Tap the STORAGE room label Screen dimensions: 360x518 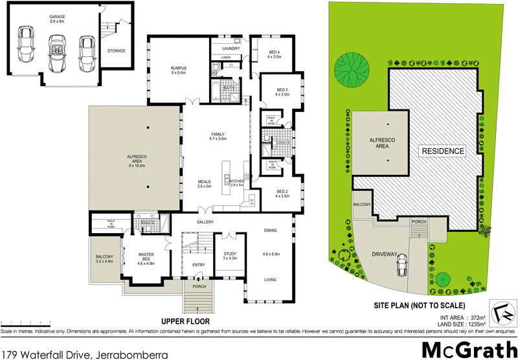[117, 51]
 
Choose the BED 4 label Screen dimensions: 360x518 [275, 54]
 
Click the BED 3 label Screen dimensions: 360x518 [281, 91]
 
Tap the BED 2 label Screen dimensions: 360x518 [282, 192]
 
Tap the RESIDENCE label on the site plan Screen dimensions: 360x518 [444, 151]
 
